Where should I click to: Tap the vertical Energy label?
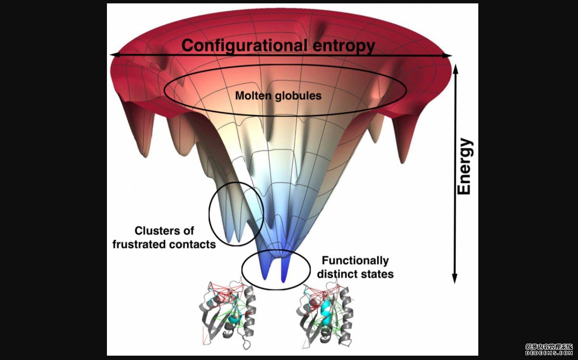[x=464, y=167]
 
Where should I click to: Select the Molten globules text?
[x=278, y=95]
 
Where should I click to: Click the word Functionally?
[x=355, y=261]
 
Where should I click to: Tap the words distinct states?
[x=358, y=274]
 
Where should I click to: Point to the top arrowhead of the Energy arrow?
[x=455, y=67]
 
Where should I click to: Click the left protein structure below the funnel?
[x=226, y=313]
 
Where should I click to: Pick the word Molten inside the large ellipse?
[x=251, y=95]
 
